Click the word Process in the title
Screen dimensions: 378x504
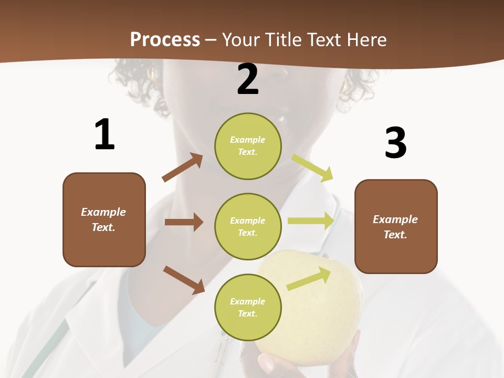tap(165, 39)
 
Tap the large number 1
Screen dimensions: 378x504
tap(104, 134)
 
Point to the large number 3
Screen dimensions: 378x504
tap(395, 143)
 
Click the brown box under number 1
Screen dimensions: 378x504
tap(104, 219)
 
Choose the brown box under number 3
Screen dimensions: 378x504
tap(396, 226)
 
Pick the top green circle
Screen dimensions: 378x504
tap(248, 146)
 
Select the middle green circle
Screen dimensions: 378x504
tap(248, 226)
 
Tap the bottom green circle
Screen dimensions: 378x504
tap(248, 307)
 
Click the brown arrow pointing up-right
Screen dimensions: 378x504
tap(182, 167)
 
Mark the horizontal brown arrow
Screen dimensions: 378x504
tap(184, 222)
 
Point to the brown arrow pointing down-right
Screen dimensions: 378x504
tap(184, 279)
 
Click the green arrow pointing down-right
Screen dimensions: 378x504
tap(313, 167)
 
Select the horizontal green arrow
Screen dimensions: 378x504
tap(311, 221)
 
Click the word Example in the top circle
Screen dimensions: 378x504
tap(248, 140)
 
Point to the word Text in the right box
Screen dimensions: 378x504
tap(395, 235)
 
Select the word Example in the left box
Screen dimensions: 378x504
tap(103, 212)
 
